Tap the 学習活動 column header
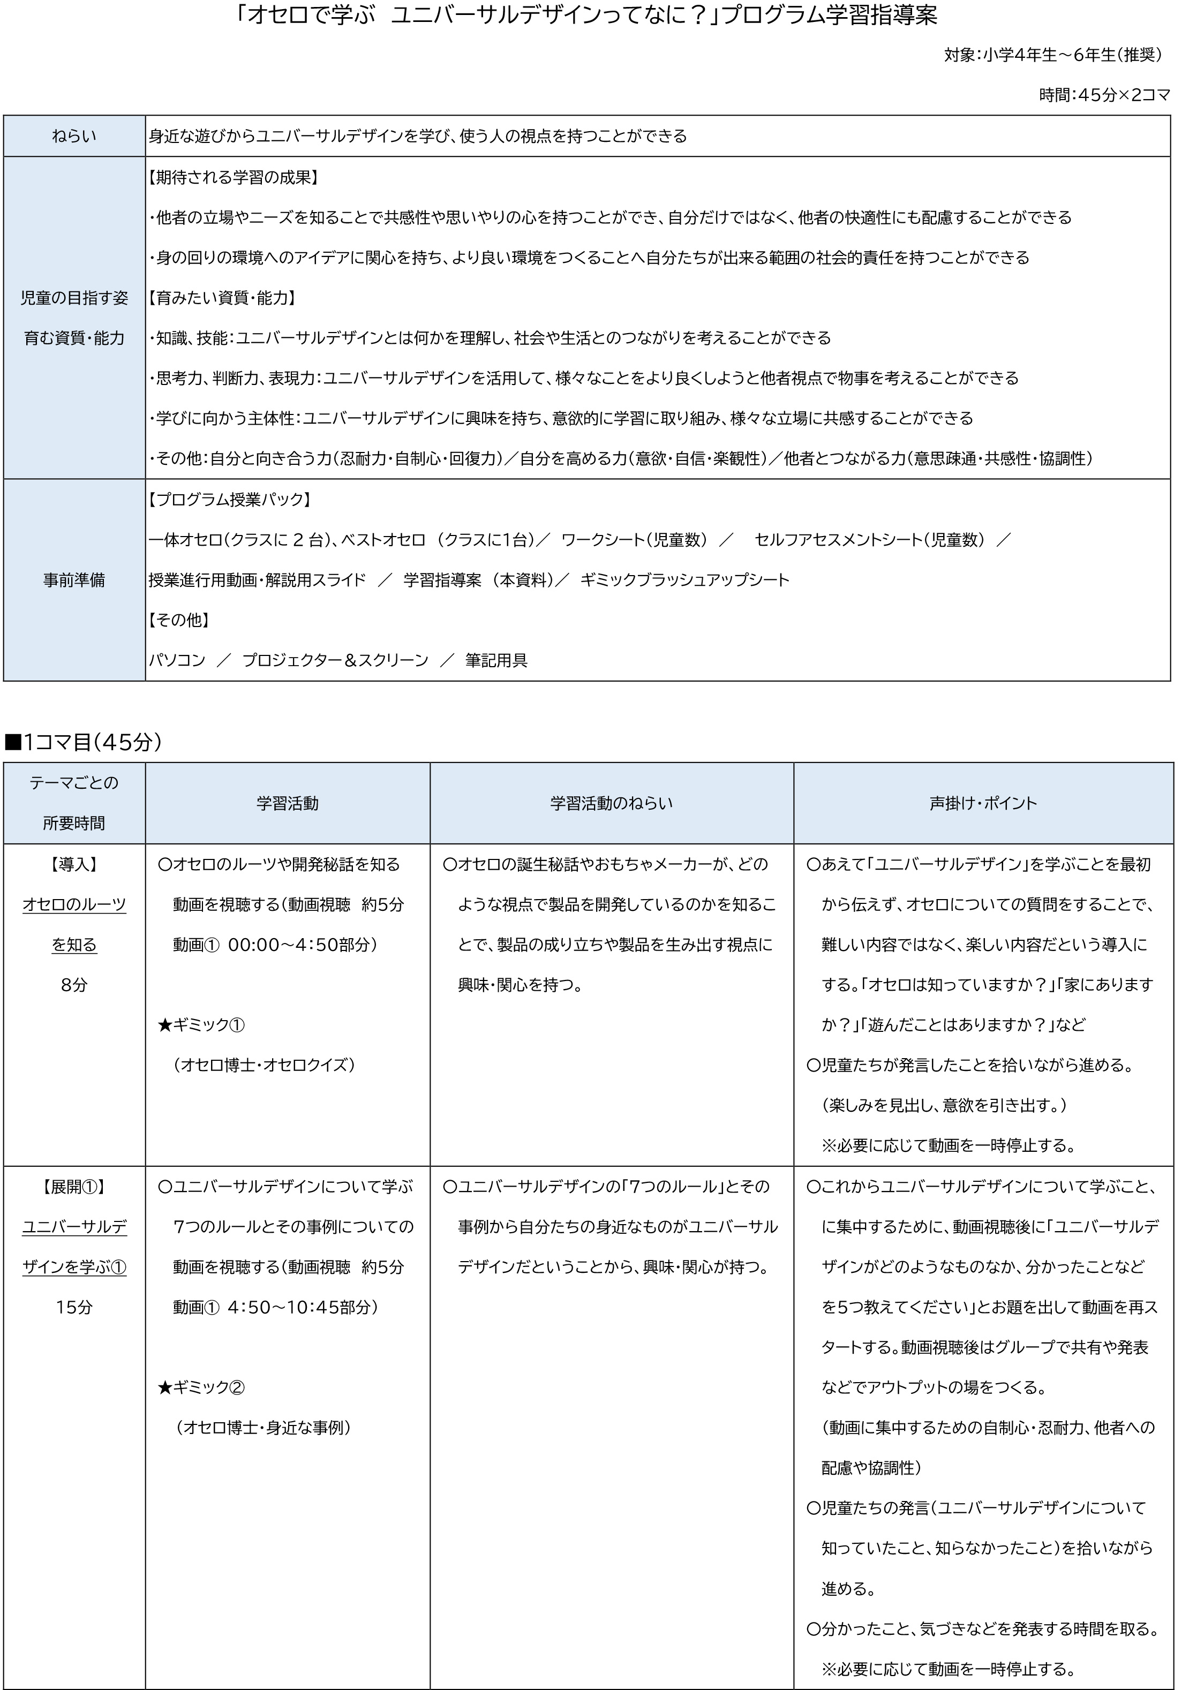coord(287,803)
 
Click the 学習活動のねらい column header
coord(611,803)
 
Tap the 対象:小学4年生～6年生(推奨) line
coord(1053,55)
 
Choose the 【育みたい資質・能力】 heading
coord(222,298)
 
